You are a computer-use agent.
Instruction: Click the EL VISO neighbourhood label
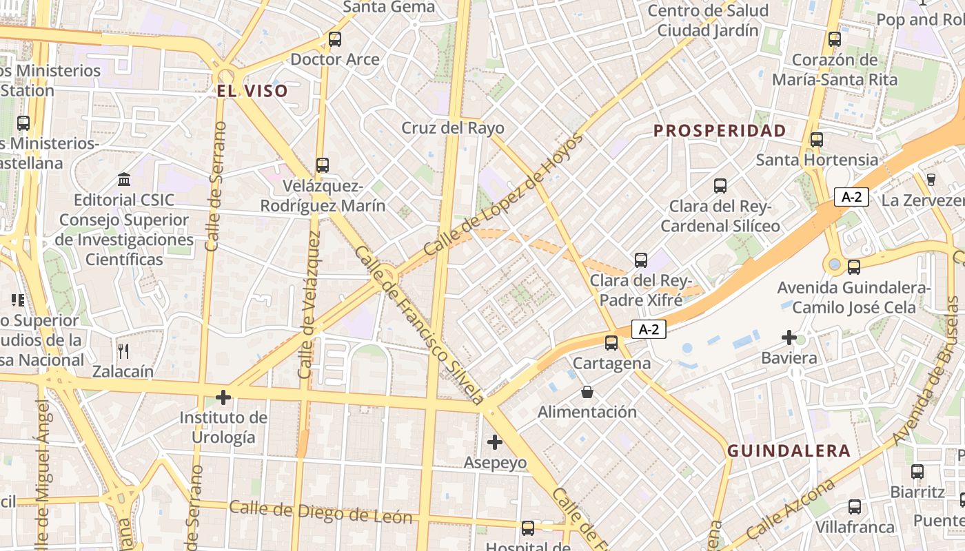[x=252, y=91]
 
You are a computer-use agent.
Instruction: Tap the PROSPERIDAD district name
[x=720, y=130]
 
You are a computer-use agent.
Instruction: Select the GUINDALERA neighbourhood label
[x=789, y=451]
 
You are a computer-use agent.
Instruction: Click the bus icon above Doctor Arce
[x=335, y=39]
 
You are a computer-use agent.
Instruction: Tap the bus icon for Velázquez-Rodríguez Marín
[x=323, y=165]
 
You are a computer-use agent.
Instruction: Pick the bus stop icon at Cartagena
[x=611, y=342]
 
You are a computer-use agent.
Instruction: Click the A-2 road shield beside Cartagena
[x=649, y=329]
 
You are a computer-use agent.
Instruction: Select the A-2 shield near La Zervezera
[x=852, y=197]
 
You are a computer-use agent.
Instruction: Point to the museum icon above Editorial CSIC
[x=125, y=180]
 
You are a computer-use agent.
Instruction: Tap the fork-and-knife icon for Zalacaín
[x=123, y=351]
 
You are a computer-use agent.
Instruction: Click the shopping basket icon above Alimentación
[x=587, y=392]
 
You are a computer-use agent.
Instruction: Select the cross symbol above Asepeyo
[x=495, y=442]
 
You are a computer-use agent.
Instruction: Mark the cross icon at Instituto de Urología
[x=223, y=397]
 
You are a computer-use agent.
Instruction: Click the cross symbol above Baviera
[x=789, y=337]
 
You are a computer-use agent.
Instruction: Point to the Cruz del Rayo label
[x=453, y=128]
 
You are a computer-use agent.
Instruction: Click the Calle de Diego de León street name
[x=321, y=512]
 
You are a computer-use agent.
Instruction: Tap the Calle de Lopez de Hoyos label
[x=503, y=196]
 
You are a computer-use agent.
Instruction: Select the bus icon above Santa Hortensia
[x=817, y=140]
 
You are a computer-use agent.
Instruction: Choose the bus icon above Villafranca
[x=855, y=507]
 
